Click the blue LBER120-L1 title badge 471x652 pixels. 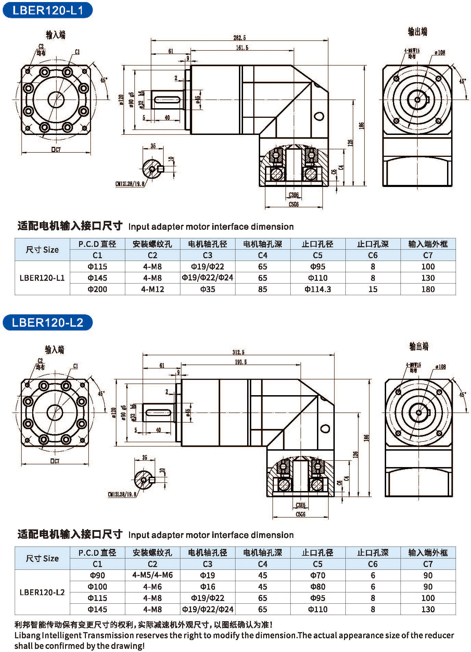point(47,10)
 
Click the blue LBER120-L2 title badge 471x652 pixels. point(47,322)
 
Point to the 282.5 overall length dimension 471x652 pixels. point(239,38)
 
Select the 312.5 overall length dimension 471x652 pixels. point(238,352)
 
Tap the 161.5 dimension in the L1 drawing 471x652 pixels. point(242,48)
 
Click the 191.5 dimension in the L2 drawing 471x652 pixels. point(241,362)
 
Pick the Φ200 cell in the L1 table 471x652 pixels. point(97,289)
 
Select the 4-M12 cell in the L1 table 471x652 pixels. point(152,289)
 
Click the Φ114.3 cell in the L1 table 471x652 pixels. point(318,289)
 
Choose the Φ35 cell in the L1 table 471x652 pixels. point(207,289)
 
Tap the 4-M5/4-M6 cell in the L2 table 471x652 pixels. point(152,575)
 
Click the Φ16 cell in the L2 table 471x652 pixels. point(207,587)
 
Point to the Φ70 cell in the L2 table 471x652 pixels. point(318,575)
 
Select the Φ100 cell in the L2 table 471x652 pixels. point(97,587)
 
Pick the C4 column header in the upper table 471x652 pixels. point(263,255)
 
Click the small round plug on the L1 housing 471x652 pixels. point(319,116)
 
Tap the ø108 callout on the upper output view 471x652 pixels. point(440,52)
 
